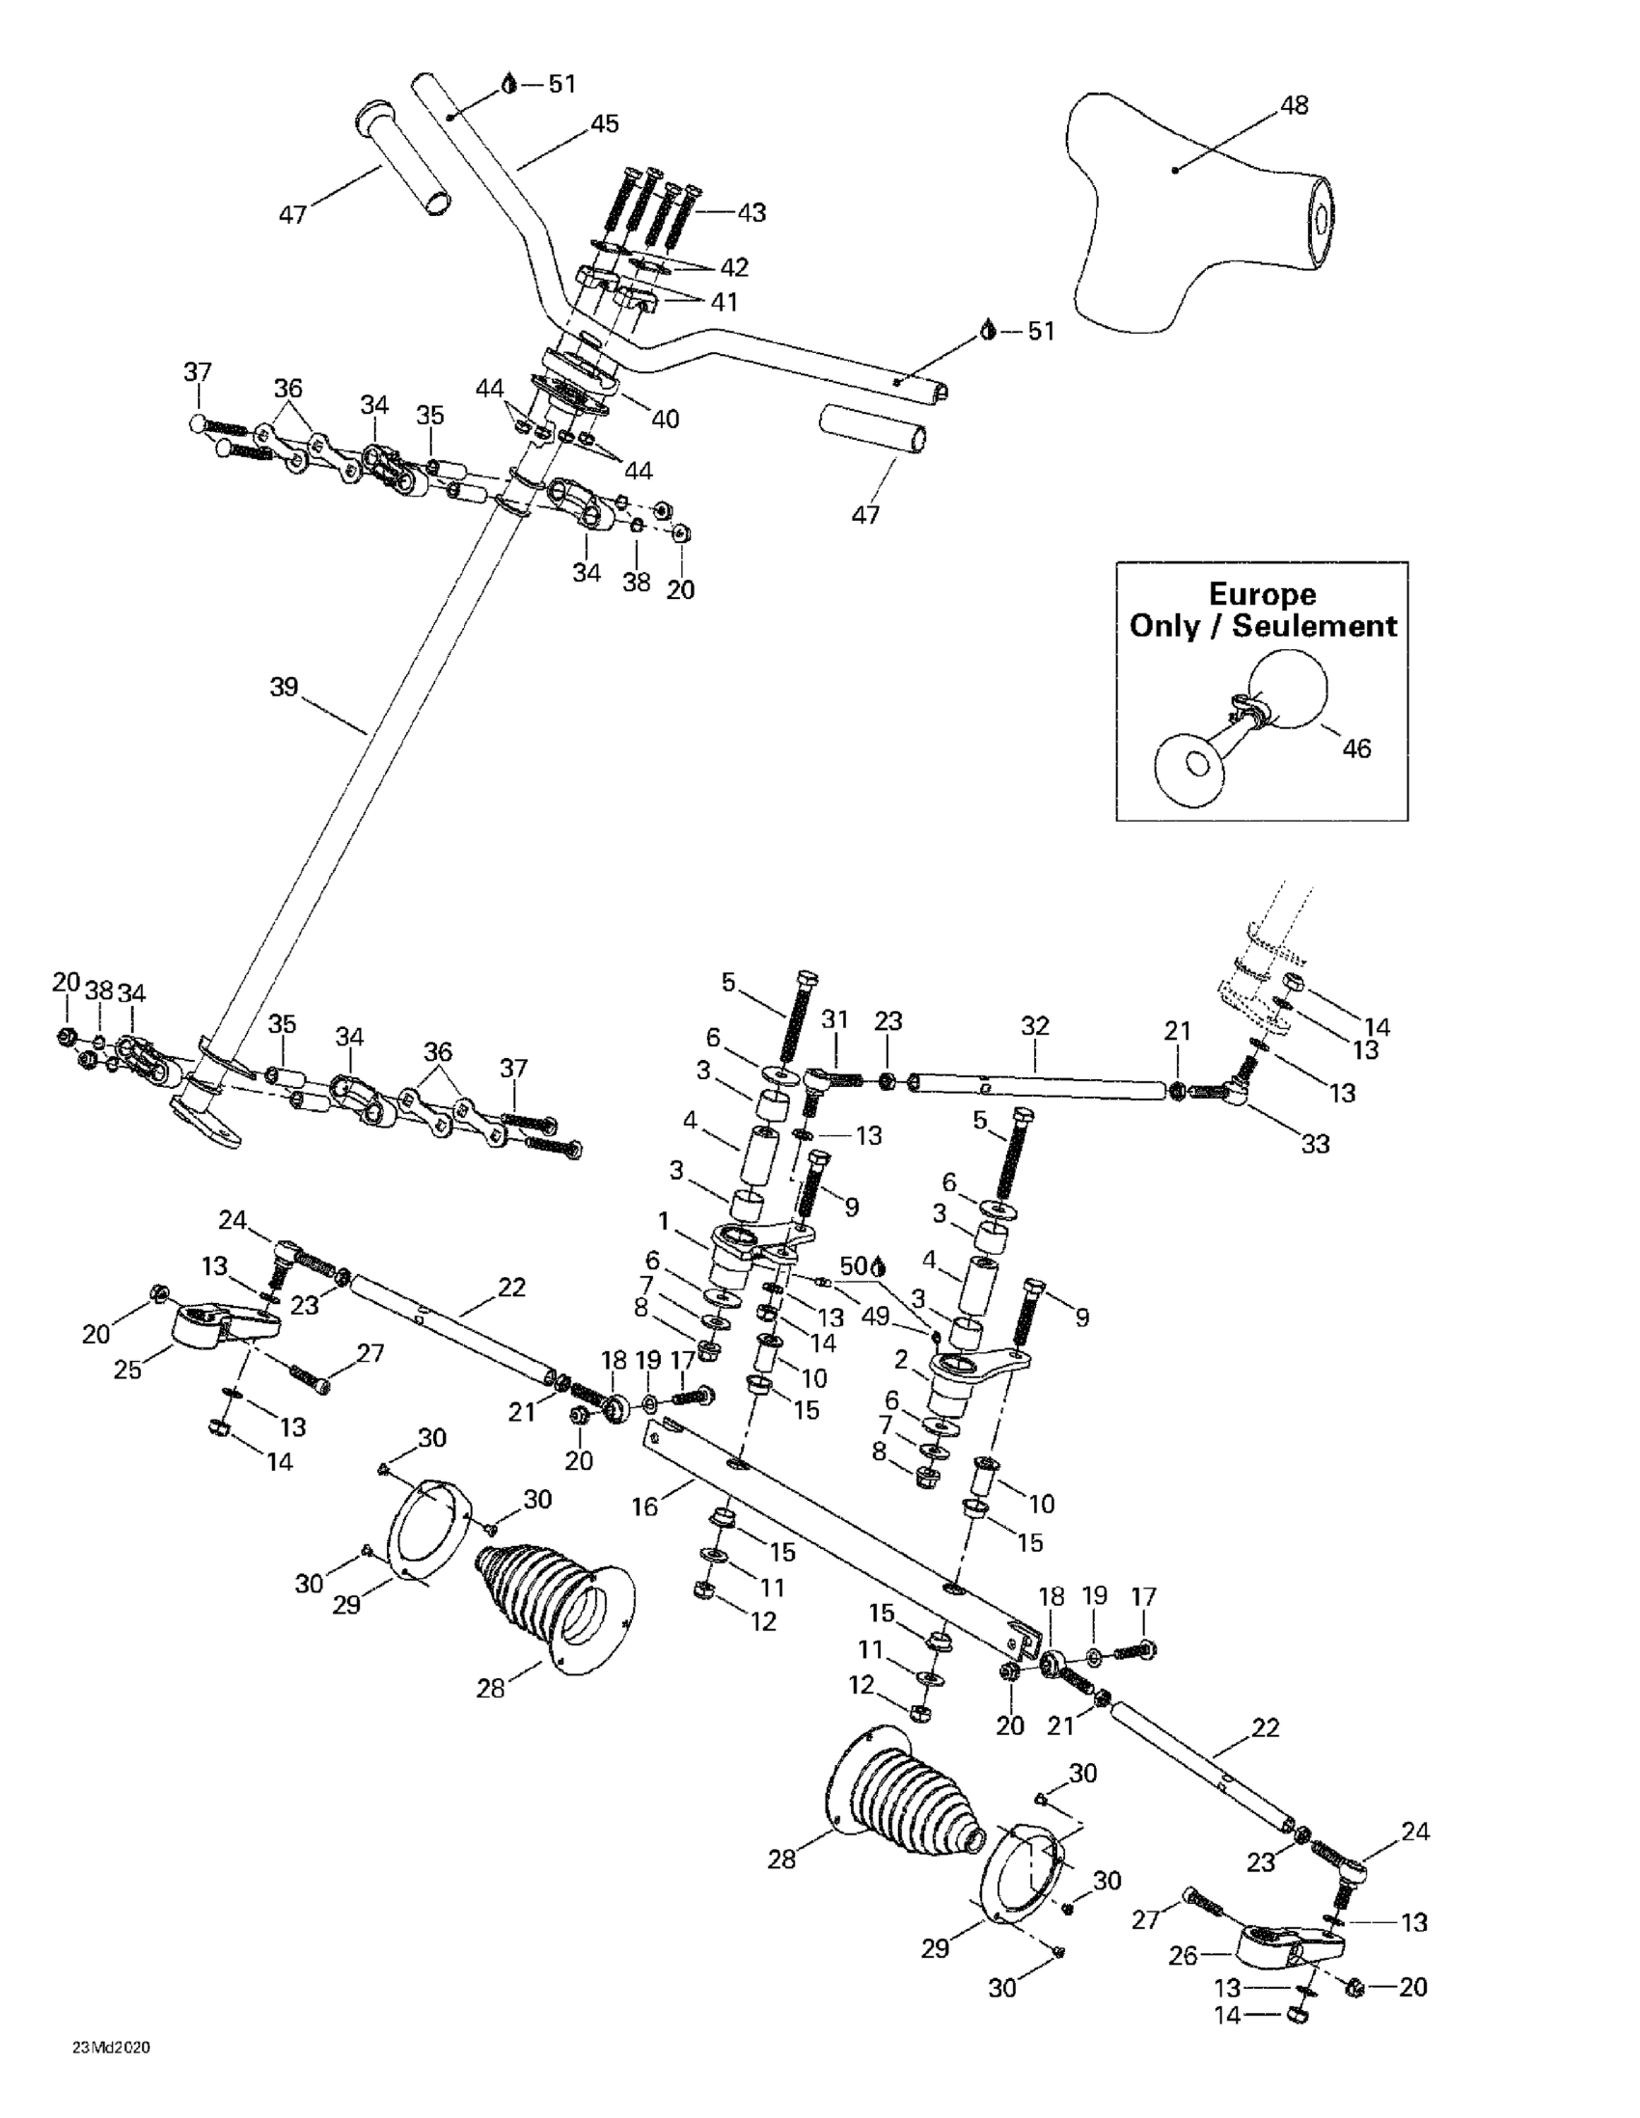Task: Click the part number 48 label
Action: tap(1295, 105)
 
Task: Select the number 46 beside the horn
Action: tap(1356, 748)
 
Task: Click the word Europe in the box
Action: tap(1262, 594)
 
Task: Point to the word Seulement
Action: tap(1314, 626)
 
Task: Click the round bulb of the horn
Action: tap(1285, 690)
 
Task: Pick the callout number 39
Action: tap(285, 688)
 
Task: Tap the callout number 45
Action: tap(604, 124)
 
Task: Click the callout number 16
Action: tap(644, 1507)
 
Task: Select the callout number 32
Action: tap(1036, 1025)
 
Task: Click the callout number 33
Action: tap(1315, 1143)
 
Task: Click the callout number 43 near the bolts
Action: tap(752, 212)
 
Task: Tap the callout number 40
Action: tap(666, 419)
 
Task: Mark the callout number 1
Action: tap(664, 1217)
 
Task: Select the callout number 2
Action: tap(901, 1360)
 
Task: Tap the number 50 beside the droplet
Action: tap(855, 1266)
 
